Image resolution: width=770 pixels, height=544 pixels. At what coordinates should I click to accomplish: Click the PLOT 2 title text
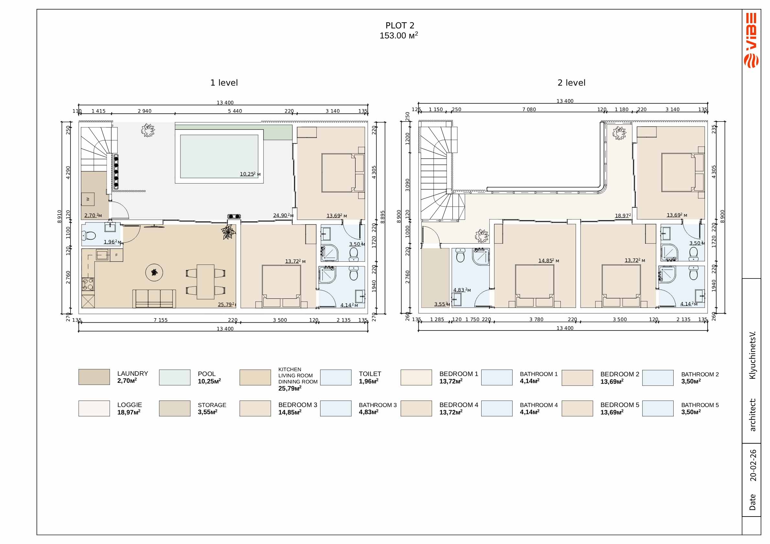[400, 26]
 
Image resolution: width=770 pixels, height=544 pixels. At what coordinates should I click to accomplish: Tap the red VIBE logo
[751, 40]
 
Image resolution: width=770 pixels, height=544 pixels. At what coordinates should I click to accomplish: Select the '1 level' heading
[224, 83]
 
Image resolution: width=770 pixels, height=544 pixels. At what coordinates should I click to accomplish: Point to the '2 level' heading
[571, 83]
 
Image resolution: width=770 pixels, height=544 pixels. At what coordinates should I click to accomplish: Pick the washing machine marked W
[88, 199]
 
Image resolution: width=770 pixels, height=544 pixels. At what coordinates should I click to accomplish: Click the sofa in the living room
[154, 298]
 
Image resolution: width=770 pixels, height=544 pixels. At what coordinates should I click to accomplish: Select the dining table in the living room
[205, 282]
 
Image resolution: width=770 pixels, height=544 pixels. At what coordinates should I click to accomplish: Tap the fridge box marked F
[116, 255]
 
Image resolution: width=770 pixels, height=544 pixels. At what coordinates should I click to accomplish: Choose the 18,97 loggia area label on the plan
[623, 216]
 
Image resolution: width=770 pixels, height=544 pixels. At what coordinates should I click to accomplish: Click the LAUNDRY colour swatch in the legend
[94, 377]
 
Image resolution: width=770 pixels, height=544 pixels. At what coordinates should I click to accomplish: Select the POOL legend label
[207, 374]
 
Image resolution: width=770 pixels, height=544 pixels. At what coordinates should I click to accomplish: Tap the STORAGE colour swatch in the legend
[175, 408]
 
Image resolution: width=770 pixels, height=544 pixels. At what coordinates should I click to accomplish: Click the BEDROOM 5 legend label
[620, 405]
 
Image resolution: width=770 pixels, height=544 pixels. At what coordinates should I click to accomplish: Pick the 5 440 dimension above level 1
[235, 111]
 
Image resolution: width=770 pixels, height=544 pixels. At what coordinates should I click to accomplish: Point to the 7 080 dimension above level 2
[529, 110]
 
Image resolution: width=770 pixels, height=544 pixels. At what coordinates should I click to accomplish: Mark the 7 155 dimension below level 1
[160, 320]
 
